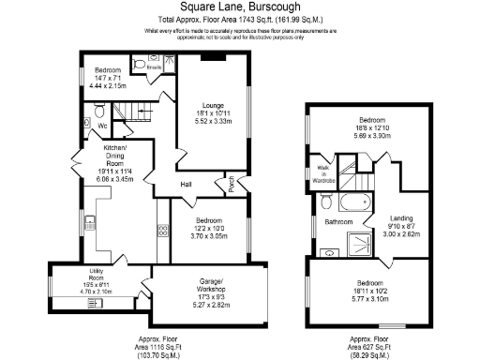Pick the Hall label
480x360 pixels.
[x=187, y=184]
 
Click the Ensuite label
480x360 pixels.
[x=155, y=67]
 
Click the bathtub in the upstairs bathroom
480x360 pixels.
[x=354, y=202]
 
